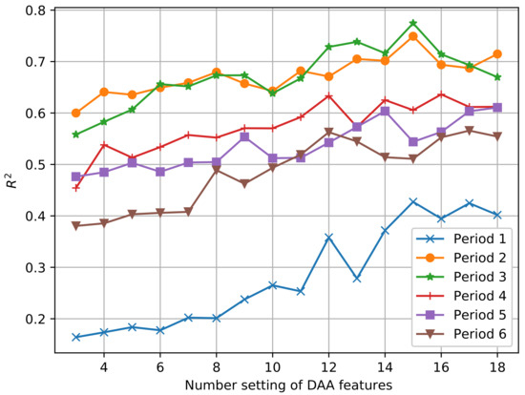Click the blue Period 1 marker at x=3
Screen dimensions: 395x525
75,337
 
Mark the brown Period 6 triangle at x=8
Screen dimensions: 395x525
216,170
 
